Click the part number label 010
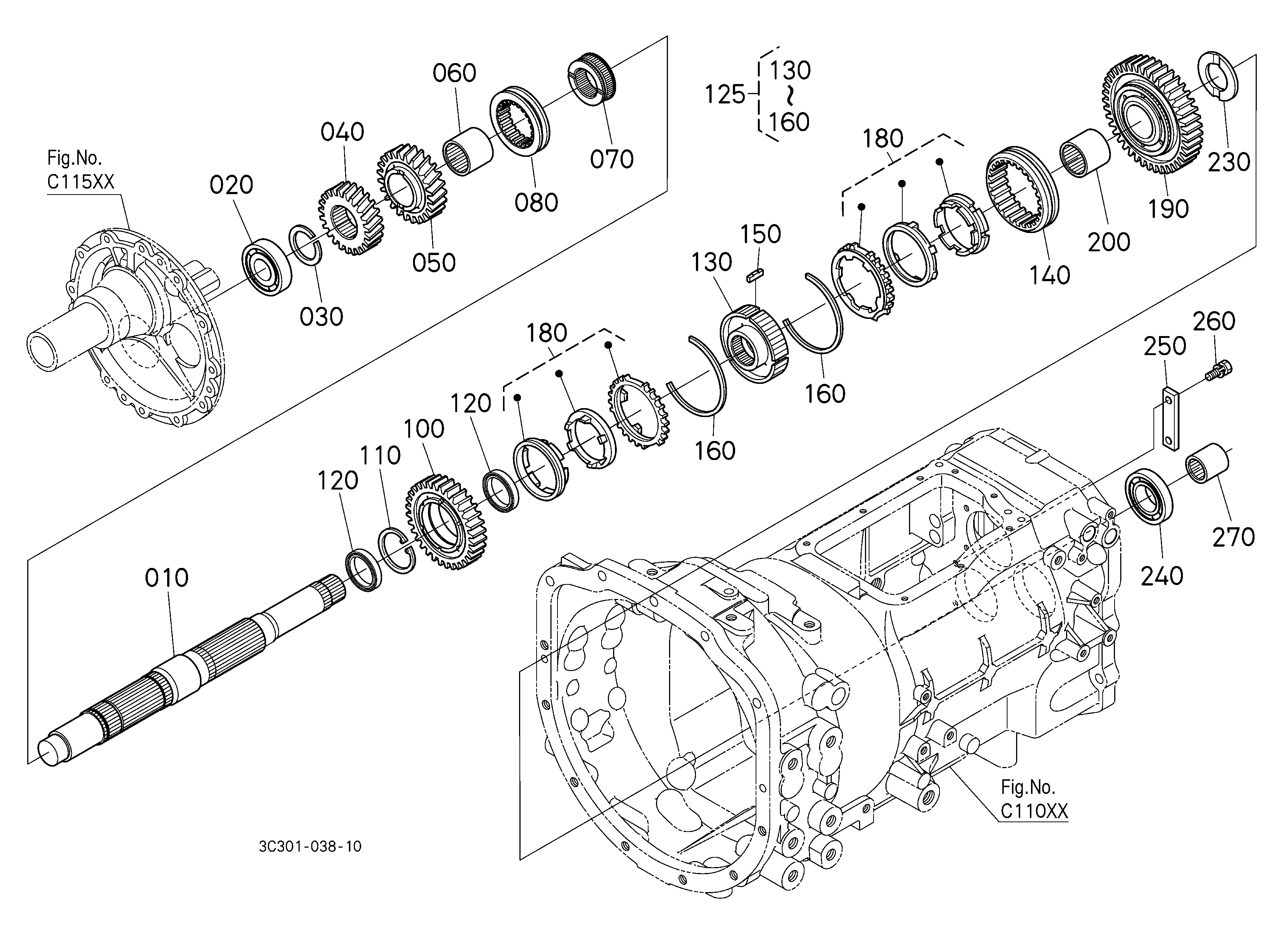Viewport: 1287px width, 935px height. coord(166,578)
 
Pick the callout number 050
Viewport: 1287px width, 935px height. coord(434,263)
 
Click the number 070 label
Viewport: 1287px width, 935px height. coord(611,159)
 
